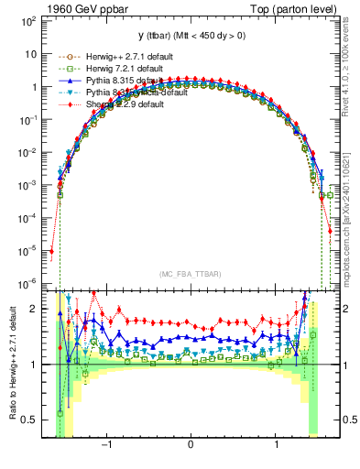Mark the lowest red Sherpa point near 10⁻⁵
[x=51, y=250]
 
